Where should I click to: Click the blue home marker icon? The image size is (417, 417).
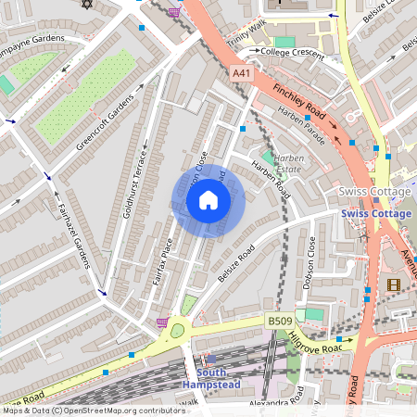pyautogui.click(x=208, y=200)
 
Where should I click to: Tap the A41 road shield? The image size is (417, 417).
pyautogui.click(x=241, y=73)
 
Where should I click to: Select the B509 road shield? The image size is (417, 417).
pyautogui.click(x=280, y=321)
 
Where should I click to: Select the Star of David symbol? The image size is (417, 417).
pyautogui.click(x=89, y=4)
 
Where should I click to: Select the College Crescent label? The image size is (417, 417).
pyautogui.click(x=294, y=52)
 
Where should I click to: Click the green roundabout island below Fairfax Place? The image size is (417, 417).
pyautogui.click(x=178, y=329)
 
